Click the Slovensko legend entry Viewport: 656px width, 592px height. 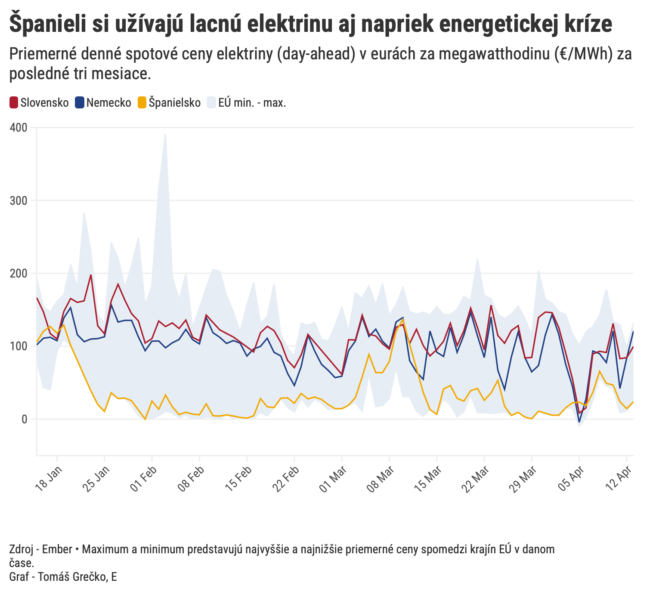click(39, 103)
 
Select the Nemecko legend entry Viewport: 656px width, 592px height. click(103, 103)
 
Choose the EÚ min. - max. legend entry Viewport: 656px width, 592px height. click(247, 103)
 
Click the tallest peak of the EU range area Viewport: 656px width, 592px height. click(165, 134)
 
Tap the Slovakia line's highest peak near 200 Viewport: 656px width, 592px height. click(91, 274)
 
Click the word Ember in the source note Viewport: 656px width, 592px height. click(57, 549)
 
